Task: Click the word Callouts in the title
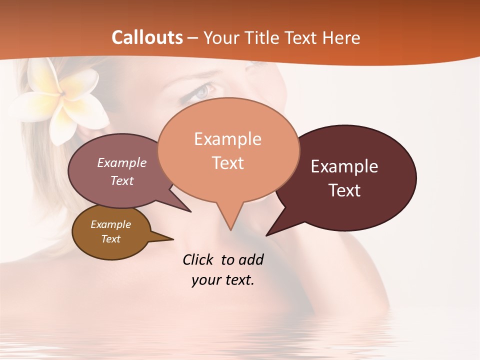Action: point(147,37)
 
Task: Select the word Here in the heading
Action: point(341,37)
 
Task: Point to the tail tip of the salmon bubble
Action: point(230,229)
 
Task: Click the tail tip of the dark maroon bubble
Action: point(267,234)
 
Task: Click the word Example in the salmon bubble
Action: point(227,139)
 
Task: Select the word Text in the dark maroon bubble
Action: point(344,190)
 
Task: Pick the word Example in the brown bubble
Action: point(110,224)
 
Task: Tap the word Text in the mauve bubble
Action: point(122,180)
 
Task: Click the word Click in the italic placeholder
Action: point(198,259)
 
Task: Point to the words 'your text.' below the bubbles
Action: point(222,280)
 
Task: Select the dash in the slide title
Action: point(193,38)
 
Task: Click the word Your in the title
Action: point(222,37)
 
